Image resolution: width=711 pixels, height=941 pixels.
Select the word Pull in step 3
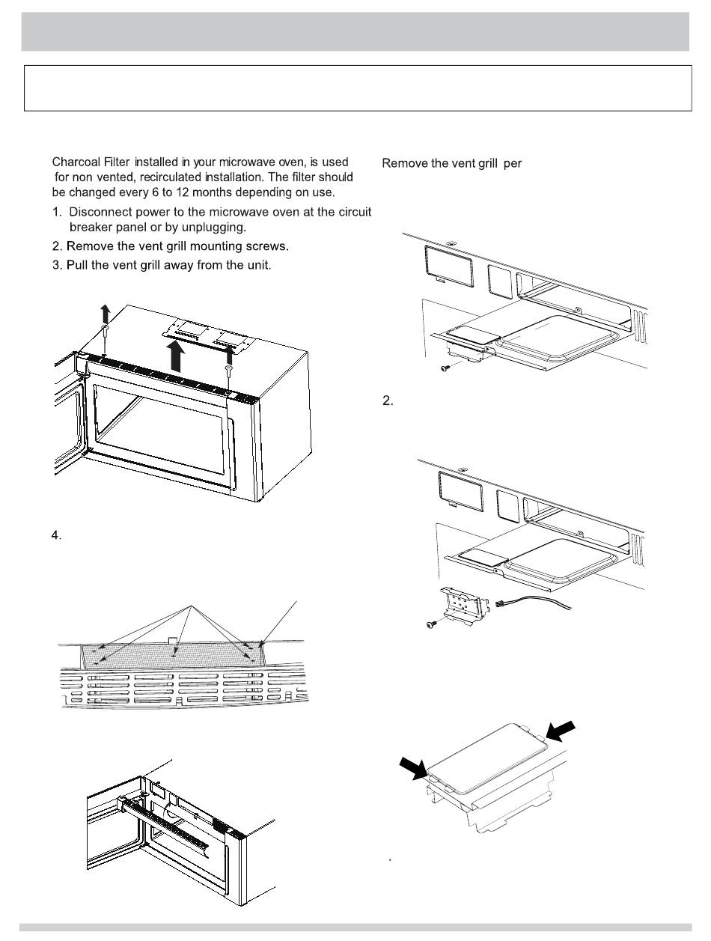79,266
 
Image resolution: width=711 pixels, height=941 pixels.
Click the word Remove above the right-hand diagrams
405,164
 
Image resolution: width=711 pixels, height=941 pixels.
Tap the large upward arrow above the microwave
177,356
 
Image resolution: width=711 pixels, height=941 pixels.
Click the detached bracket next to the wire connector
467,604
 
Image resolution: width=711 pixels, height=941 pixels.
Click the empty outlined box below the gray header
357,88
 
